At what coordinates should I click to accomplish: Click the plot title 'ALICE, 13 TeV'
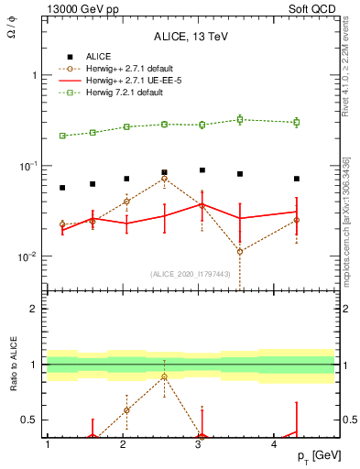(x=191, y=38)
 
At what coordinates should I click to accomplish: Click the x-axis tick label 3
(x=199, y=444)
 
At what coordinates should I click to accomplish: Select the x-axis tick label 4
(x=275, y=444)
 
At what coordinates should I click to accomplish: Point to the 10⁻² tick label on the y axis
(x=28, y=256)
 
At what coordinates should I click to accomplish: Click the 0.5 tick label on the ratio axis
(x=30, y=420)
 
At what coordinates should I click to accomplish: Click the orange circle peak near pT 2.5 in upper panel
(x=164, y=179)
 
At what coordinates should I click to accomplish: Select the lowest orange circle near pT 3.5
(x=240, y=251)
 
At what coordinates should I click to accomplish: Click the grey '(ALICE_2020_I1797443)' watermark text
(x=190, y=274)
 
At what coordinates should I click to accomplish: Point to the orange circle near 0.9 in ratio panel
(x=164, y=376)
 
